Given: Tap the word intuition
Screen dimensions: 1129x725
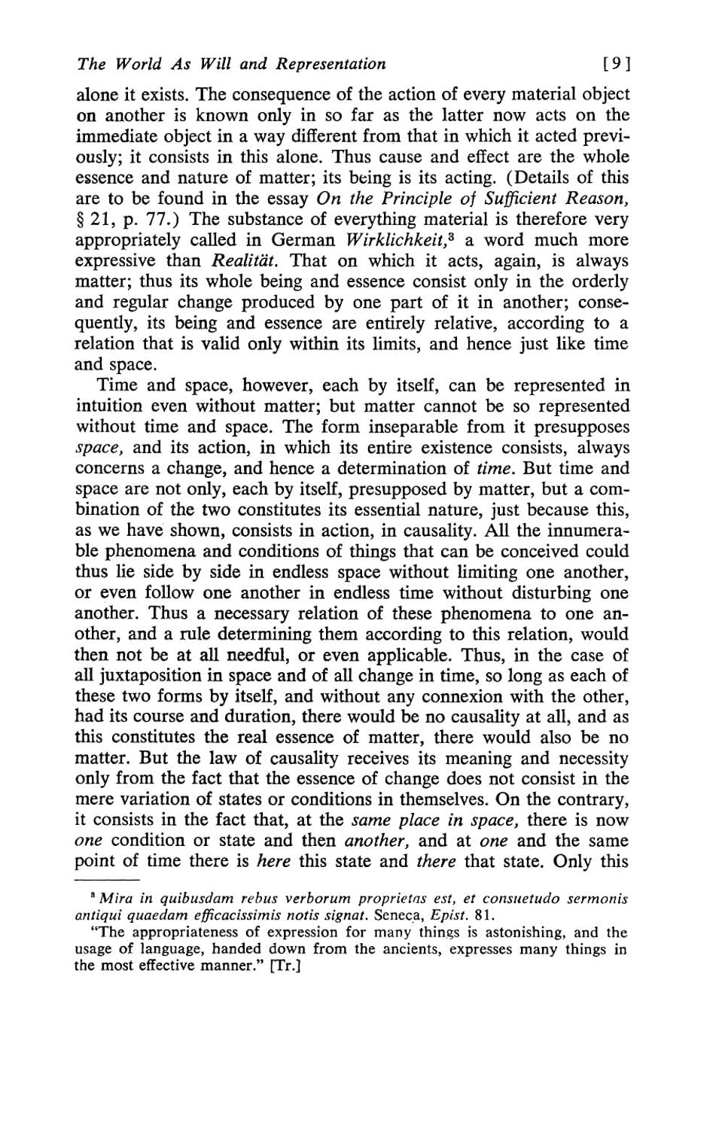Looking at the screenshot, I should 109,406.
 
